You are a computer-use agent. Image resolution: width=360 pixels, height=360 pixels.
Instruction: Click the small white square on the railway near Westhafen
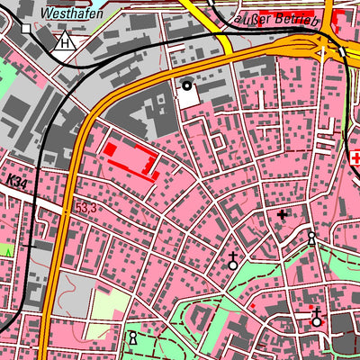[26, 29]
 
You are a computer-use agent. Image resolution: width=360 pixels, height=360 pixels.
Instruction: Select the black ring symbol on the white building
[187, 86]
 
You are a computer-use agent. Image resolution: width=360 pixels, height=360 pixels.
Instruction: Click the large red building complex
[130, 157]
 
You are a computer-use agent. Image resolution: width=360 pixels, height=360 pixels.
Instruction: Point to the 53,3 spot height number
[85, 208]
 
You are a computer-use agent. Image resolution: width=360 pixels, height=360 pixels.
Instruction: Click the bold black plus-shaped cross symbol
[283, 215]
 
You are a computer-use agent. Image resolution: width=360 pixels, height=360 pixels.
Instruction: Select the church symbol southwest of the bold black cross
[233, 262]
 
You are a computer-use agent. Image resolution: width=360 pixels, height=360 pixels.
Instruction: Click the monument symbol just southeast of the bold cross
[311, 239]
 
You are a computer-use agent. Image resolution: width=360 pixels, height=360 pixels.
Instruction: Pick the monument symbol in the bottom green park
[133, 338]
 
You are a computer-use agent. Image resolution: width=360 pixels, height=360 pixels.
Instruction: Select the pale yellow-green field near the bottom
[105, 306]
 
